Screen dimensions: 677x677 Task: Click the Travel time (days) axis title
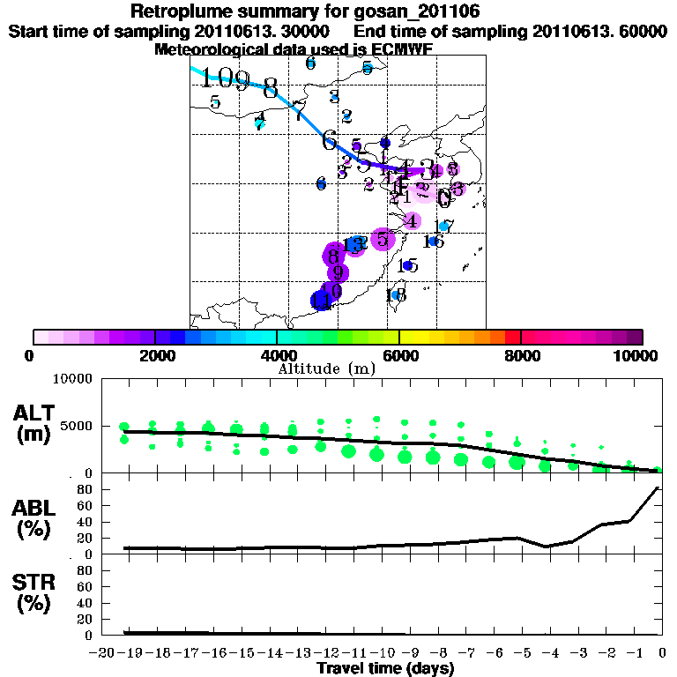(x=385, y=669)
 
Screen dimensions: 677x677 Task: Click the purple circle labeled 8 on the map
(x=333, y=257)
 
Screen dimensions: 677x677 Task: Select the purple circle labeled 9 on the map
(x=338, y=272)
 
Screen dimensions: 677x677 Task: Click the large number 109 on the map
(x=225, y=79)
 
